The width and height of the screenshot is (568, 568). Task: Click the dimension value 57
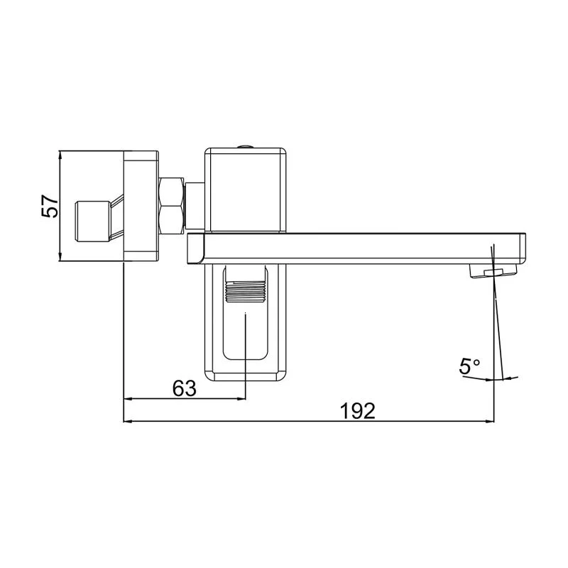pos(49,207)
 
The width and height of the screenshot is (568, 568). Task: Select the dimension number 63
pos(184,388)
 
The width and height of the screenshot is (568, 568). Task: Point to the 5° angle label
pos(469,366)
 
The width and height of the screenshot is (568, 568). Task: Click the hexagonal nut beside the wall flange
pos(173,205)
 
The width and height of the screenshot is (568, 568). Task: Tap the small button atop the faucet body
pos(246,146)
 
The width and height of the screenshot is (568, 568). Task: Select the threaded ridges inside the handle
pos(245,290)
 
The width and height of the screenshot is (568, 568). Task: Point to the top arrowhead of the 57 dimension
pos(60,155)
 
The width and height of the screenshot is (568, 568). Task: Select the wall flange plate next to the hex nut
pos(141,206)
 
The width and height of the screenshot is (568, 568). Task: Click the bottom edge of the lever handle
pos(246,377)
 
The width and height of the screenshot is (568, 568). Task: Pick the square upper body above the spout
pos(246,189)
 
